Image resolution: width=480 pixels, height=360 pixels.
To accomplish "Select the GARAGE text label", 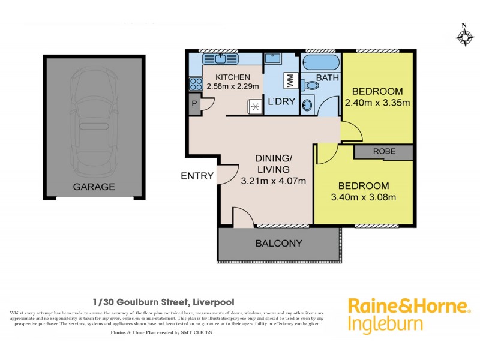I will point(94,187).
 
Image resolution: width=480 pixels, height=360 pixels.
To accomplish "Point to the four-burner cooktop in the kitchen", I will point(196,84).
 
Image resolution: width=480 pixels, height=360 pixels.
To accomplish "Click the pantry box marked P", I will point(194,103).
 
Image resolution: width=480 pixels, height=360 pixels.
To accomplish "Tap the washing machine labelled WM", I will point(289,80).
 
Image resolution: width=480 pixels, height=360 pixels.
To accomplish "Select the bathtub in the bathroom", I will point(320,62).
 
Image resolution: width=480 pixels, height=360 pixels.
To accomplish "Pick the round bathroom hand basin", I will point(307,106).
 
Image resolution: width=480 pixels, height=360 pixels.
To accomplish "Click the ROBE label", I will point(384,151).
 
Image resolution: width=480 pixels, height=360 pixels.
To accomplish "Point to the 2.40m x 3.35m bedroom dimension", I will point(377,102).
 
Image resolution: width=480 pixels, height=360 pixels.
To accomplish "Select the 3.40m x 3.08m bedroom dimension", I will point(362,197).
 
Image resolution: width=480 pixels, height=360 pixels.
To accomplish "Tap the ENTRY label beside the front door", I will point(197,176).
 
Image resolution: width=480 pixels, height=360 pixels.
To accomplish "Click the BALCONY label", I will point(278,244).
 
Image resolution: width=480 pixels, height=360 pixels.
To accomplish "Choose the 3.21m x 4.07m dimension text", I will point(274,180).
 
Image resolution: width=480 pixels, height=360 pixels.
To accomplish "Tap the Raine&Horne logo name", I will point(409,306).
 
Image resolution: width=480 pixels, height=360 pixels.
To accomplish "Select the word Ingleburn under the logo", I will point(385,325).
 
